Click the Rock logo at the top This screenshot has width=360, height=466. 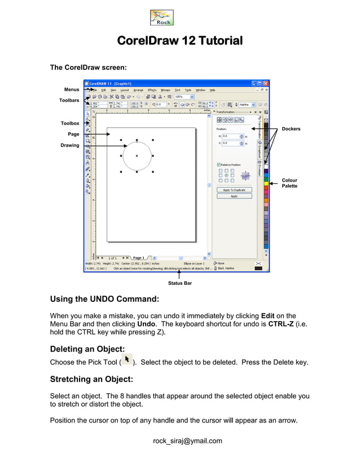[161, 18]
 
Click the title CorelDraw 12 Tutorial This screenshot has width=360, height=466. [179, 41]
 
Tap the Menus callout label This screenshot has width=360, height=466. [72, 90]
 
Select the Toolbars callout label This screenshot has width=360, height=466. [70, 100]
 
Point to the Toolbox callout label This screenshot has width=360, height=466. [70, 123]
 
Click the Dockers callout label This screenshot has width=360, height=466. [291, 129]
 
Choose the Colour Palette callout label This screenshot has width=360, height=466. [290, 183]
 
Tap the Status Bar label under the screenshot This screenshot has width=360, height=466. [179, 283]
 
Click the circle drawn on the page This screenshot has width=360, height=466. [137, 156]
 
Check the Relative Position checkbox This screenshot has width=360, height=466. [219, 165]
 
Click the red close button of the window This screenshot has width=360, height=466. [266, 83]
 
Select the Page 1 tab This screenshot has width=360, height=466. [139, 258]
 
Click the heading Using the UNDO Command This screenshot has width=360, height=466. [104, 299]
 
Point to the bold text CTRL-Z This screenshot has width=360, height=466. [283, 324]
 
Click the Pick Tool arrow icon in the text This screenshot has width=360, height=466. [127, 360]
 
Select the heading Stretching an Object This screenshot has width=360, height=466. [91, 379]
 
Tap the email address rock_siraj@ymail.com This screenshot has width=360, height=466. [187, 441]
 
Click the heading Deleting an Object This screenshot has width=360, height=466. [87, 349]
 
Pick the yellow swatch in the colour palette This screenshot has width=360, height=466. [266, 183]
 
